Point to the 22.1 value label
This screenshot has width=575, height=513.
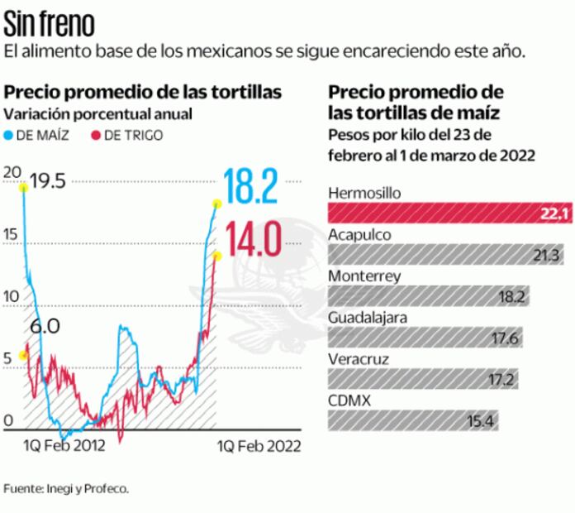(x=551, y=213)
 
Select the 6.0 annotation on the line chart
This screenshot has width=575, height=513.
(x=44, y=327)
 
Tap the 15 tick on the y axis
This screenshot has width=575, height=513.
(x=10, y=235)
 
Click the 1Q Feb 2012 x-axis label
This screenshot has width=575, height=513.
(x=64, y=446)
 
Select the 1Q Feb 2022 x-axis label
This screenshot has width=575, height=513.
(x=259, y=446)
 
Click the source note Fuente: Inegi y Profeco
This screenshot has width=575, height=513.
(x=65, y=488)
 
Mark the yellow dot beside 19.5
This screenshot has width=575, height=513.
(x=23, y=188)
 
